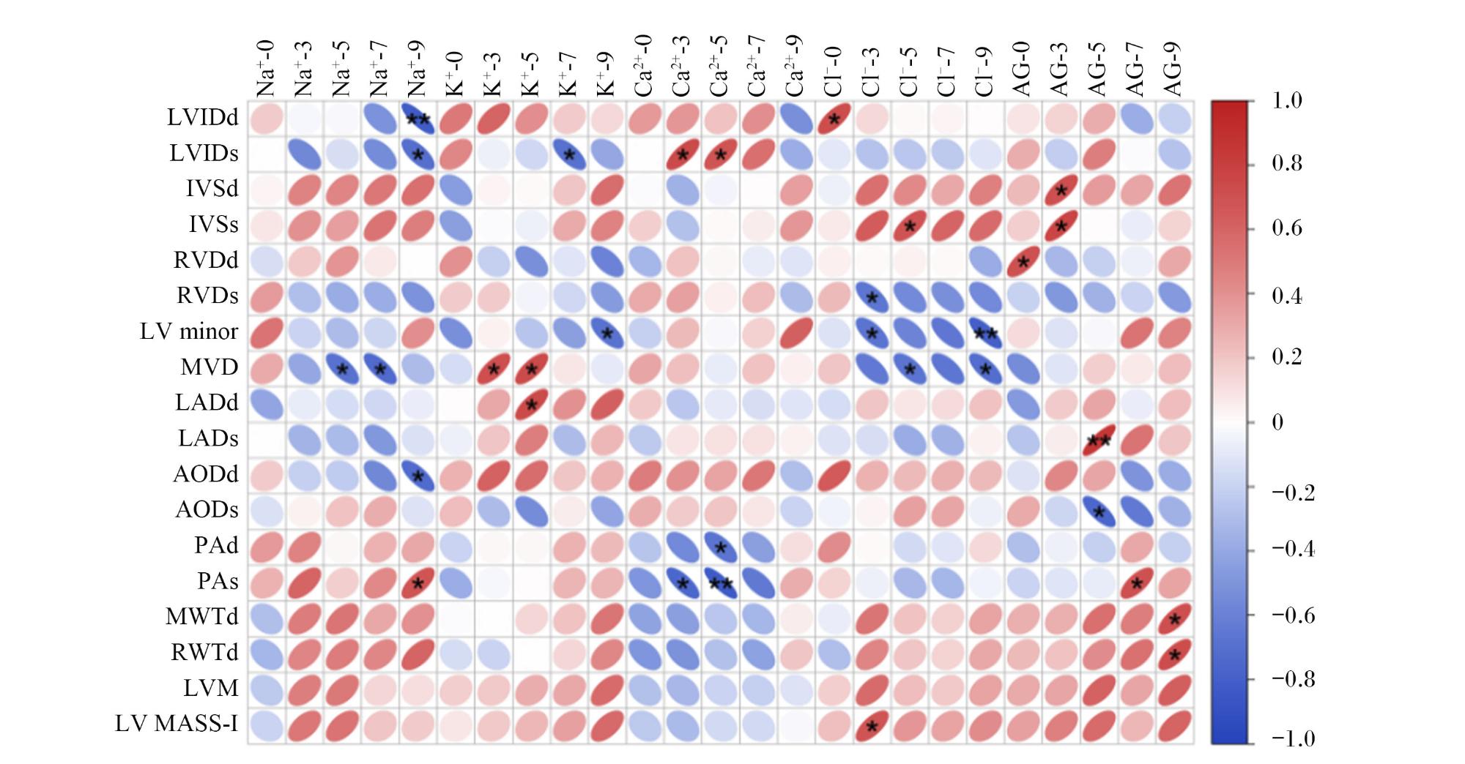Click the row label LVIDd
tap(202, 117)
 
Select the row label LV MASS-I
tap(177, 724)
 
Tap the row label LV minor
tap(189, 332)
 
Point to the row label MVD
tap(209, 367)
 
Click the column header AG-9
tap(1173, 68)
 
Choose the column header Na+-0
tap(265, 68)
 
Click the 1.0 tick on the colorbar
tap(1287, 100)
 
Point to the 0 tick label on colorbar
tap(1277, 422)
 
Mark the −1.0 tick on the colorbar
tap(1294, 738)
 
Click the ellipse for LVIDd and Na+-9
tap(417, 119)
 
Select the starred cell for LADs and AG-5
tap(1098, 440)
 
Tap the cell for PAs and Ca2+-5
tap(720, 583)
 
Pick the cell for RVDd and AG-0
tap(1023, 261)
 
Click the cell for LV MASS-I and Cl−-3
tap(872, 726)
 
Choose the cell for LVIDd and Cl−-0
tap(834, 119)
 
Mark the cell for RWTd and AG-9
tap(1174, 654)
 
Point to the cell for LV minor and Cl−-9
tap(985, 333)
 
